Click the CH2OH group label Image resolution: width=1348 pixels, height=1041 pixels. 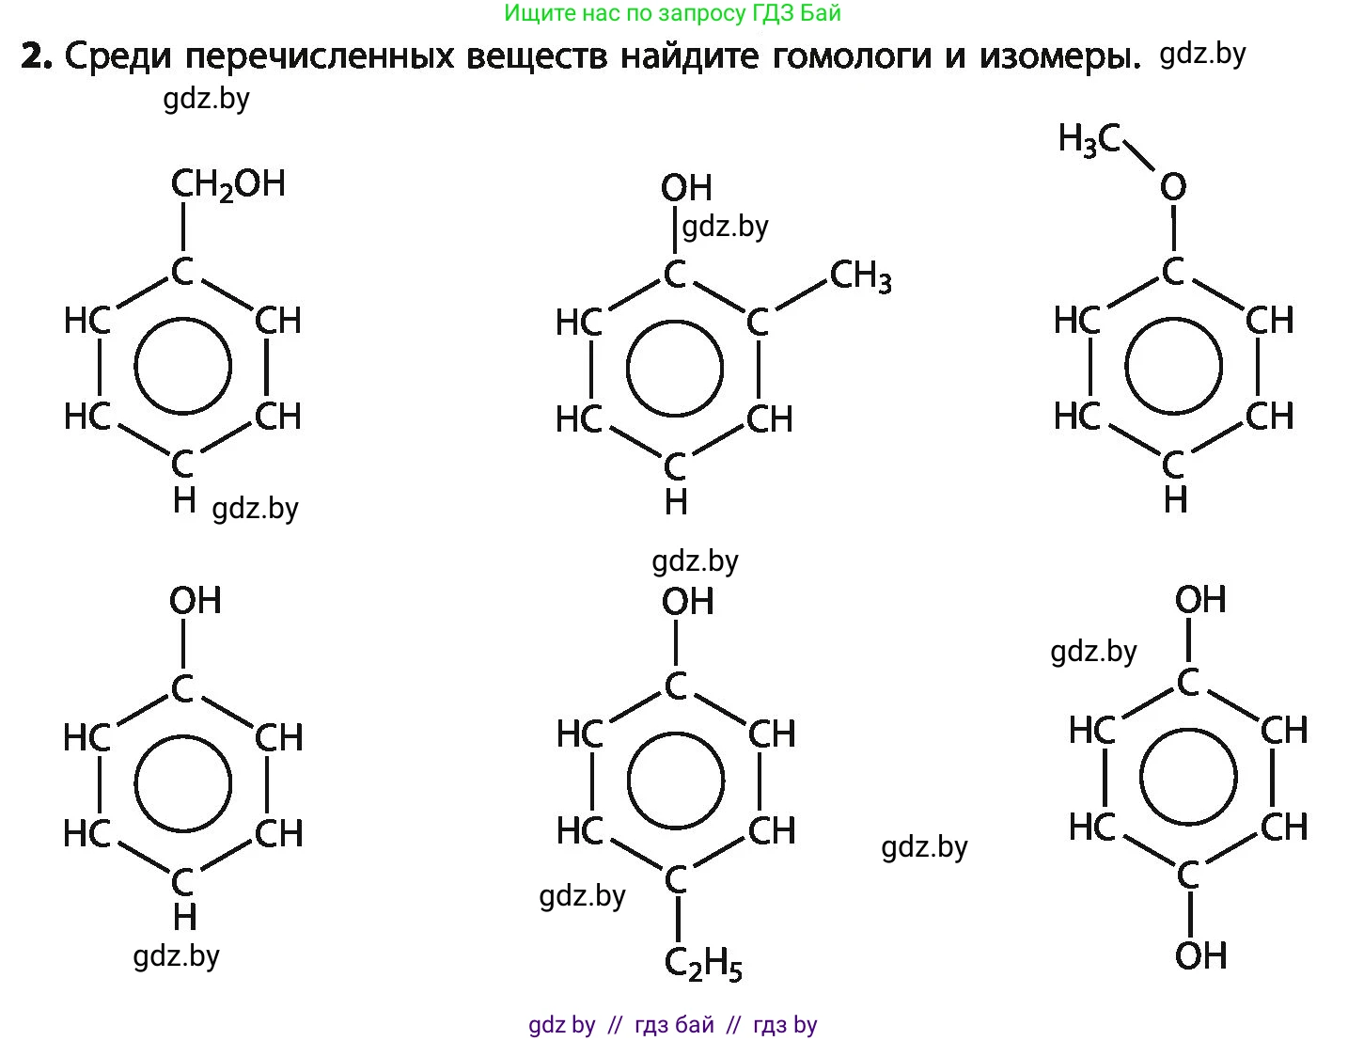click(x=227, y=183)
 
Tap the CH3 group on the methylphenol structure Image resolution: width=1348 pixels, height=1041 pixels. click(x=860, y=276)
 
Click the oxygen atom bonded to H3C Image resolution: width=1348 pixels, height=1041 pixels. click(x=1172, y=187)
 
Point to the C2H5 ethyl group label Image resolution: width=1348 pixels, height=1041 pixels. click(x=703, y=964)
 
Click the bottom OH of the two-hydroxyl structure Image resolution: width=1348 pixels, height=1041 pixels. click(x=1200, y=955)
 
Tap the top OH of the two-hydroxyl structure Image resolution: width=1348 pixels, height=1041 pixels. click(x=1200, y=599)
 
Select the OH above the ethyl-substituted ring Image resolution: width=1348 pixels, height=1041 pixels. click(x=687, y=601)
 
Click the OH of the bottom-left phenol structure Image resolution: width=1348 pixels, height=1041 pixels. click(x=195, y=600)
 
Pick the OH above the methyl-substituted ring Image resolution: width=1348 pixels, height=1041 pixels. click(x=686, y=188)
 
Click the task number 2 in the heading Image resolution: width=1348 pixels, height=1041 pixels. click(x=36, y=57)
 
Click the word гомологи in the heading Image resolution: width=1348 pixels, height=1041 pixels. click(x=859, y=57)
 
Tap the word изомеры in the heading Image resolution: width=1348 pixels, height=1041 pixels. click(x=1059, y=57)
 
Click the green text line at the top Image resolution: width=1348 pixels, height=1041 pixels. click(x=672, y=13)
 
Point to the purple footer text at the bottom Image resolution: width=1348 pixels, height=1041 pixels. click(x=673, y=1024)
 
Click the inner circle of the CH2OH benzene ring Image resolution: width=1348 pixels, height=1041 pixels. click(x=182, y=367)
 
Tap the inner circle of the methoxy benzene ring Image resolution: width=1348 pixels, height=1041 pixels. click(x=1173, y=367)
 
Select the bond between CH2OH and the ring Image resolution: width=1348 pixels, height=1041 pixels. click(x=181, y=227)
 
